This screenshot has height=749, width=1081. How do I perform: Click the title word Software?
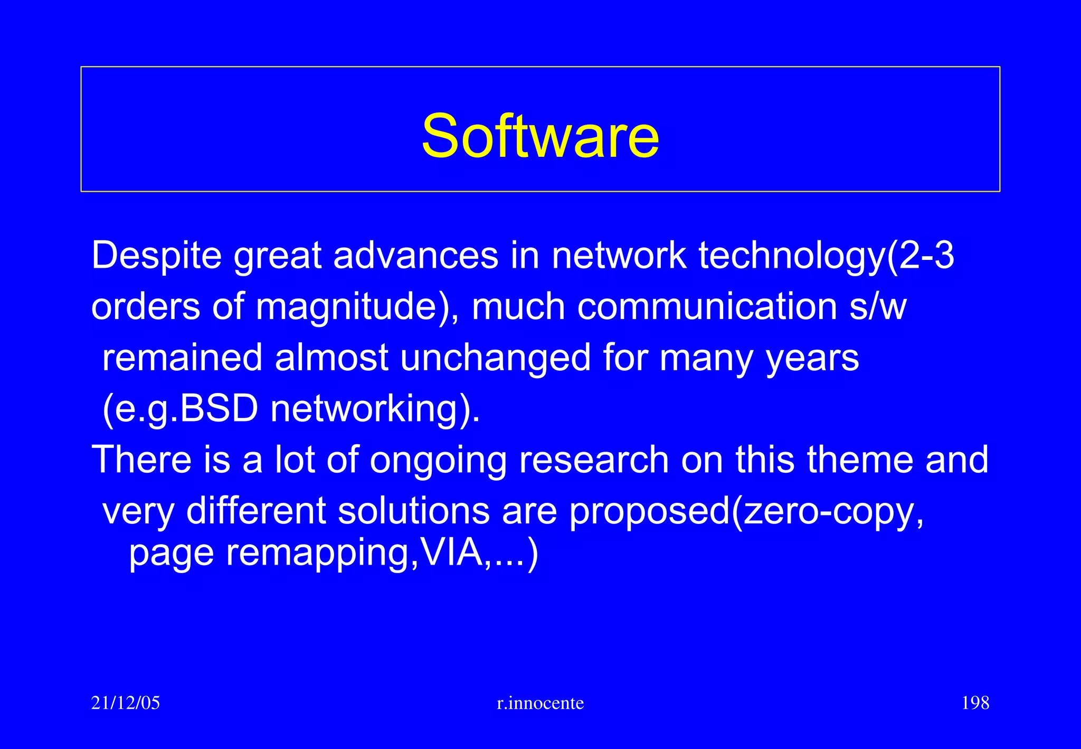(x=540, y=136)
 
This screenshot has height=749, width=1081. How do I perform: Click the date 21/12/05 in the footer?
(x=125, y=703)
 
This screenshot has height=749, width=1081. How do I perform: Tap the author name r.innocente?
(x=540, y=703)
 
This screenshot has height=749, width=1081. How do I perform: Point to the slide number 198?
(x=975, y=703)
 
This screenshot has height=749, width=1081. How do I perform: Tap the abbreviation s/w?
(x=877, y=307)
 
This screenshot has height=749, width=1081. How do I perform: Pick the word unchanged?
(x=495, y=358)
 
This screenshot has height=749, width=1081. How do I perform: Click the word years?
(x=812, y=358)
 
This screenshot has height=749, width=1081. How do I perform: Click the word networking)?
(x=375, y=409)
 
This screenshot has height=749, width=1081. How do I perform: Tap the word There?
(x=141, y=460)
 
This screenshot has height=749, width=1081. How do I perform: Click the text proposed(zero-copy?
(x=746, y=511)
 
